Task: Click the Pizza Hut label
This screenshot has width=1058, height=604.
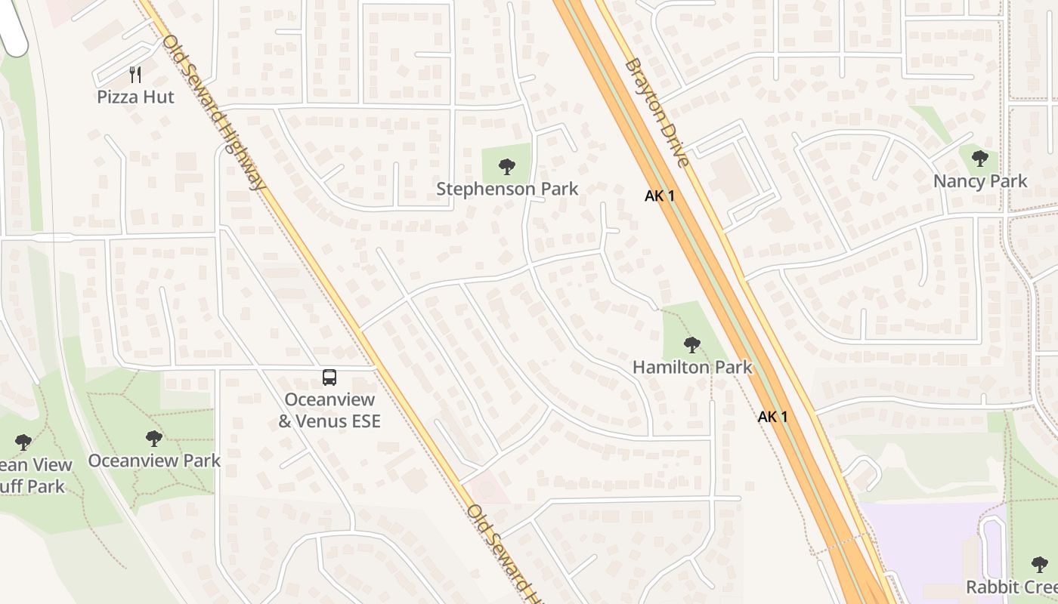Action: pos(135,97)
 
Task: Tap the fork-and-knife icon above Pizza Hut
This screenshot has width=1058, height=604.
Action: pos(135,74)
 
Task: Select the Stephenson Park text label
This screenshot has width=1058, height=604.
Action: pos(507,189)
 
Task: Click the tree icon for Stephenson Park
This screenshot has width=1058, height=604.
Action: pos(507,167)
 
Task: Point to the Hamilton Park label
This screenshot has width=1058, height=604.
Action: pos(692,368)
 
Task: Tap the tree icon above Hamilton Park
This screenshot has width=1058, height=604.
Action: pos(691,345)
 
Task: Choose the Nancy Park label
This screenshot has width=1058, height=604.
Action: pos(980,181)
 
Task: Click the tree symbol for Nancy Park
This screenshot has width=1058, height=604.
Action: pos(980,159)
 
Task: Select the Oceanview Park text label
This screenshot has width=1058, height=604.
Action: pos(154,461)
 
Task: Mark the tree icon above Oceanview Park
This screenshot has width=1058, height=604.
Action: pos(154,438)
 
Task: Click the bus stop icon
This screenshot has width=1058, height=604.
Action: pos(329,377)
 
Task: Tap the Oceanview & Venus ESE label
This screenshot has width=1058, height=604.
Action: pos(329,410)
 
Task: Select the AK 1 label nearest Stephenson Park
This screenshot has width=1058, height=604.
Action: pos(659,196)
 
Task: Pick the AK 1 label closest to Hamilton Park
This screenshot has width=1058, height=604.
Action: pos(772,416)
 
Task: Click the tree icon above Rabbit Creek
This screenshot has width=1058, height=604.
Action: pos(1040,564)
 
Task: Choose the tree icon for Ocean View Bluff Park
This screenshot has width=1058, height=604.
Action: pos(23,442)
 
